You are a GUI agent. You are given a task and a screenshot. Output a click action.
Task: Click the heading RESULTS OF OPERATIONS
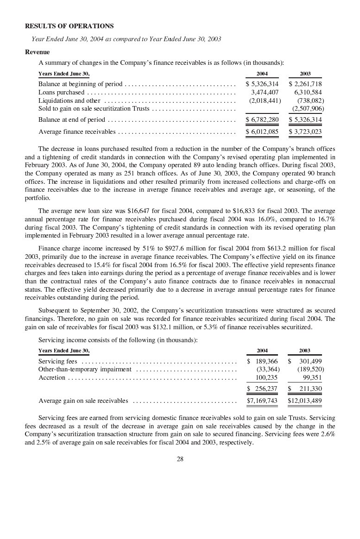pyautogui.click(x=69, y=26)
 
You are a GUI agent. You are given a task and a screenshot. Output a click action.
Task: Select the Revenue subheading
pyautogui.click(x=37, y=52)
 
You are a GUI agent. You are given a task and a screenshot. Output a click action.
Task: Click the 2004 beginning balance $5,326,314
pyautogui.click(x=262, y=84)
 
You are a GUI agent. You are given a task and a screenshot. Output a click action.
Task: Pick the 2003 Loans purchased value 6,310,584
pyautogui.click(x=306, y=92)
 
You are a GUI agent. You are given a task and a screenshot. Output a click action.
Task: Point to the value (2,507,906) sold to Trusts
pyautogui.click(x=308, y=109)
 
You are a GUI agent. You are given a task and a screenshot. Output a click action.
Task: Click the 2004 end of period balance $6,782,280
pyautogui.click(x=262, y=120)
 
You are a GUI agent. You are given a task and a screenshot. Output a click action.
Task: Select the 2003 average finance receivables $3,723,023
pyautogui.click(x=305, y=132)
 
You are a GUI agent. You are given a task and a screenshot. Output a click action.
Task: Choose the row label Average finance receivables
pyautogui.click(x=77, y=132)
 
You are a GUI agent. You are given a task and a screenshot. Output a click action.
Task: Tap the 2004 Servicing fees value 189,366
pyautogui.click(x=266, y=361)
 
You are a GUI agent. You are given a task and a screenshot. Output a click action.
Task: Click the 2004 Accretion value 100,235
pyautogui.click(x=267, y=378)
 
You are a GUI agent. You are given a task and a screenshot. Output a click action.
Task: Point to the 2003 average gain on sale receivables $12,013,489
pyautogui.click(x=305, y=401)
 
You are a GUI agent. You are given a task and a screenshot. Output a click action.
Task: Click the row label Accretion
pyautogui.click(x=52, y=378)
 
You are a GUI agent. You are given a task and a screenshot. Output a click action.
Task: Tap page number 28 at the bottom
pyautogui.click(x=180, y=459)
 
